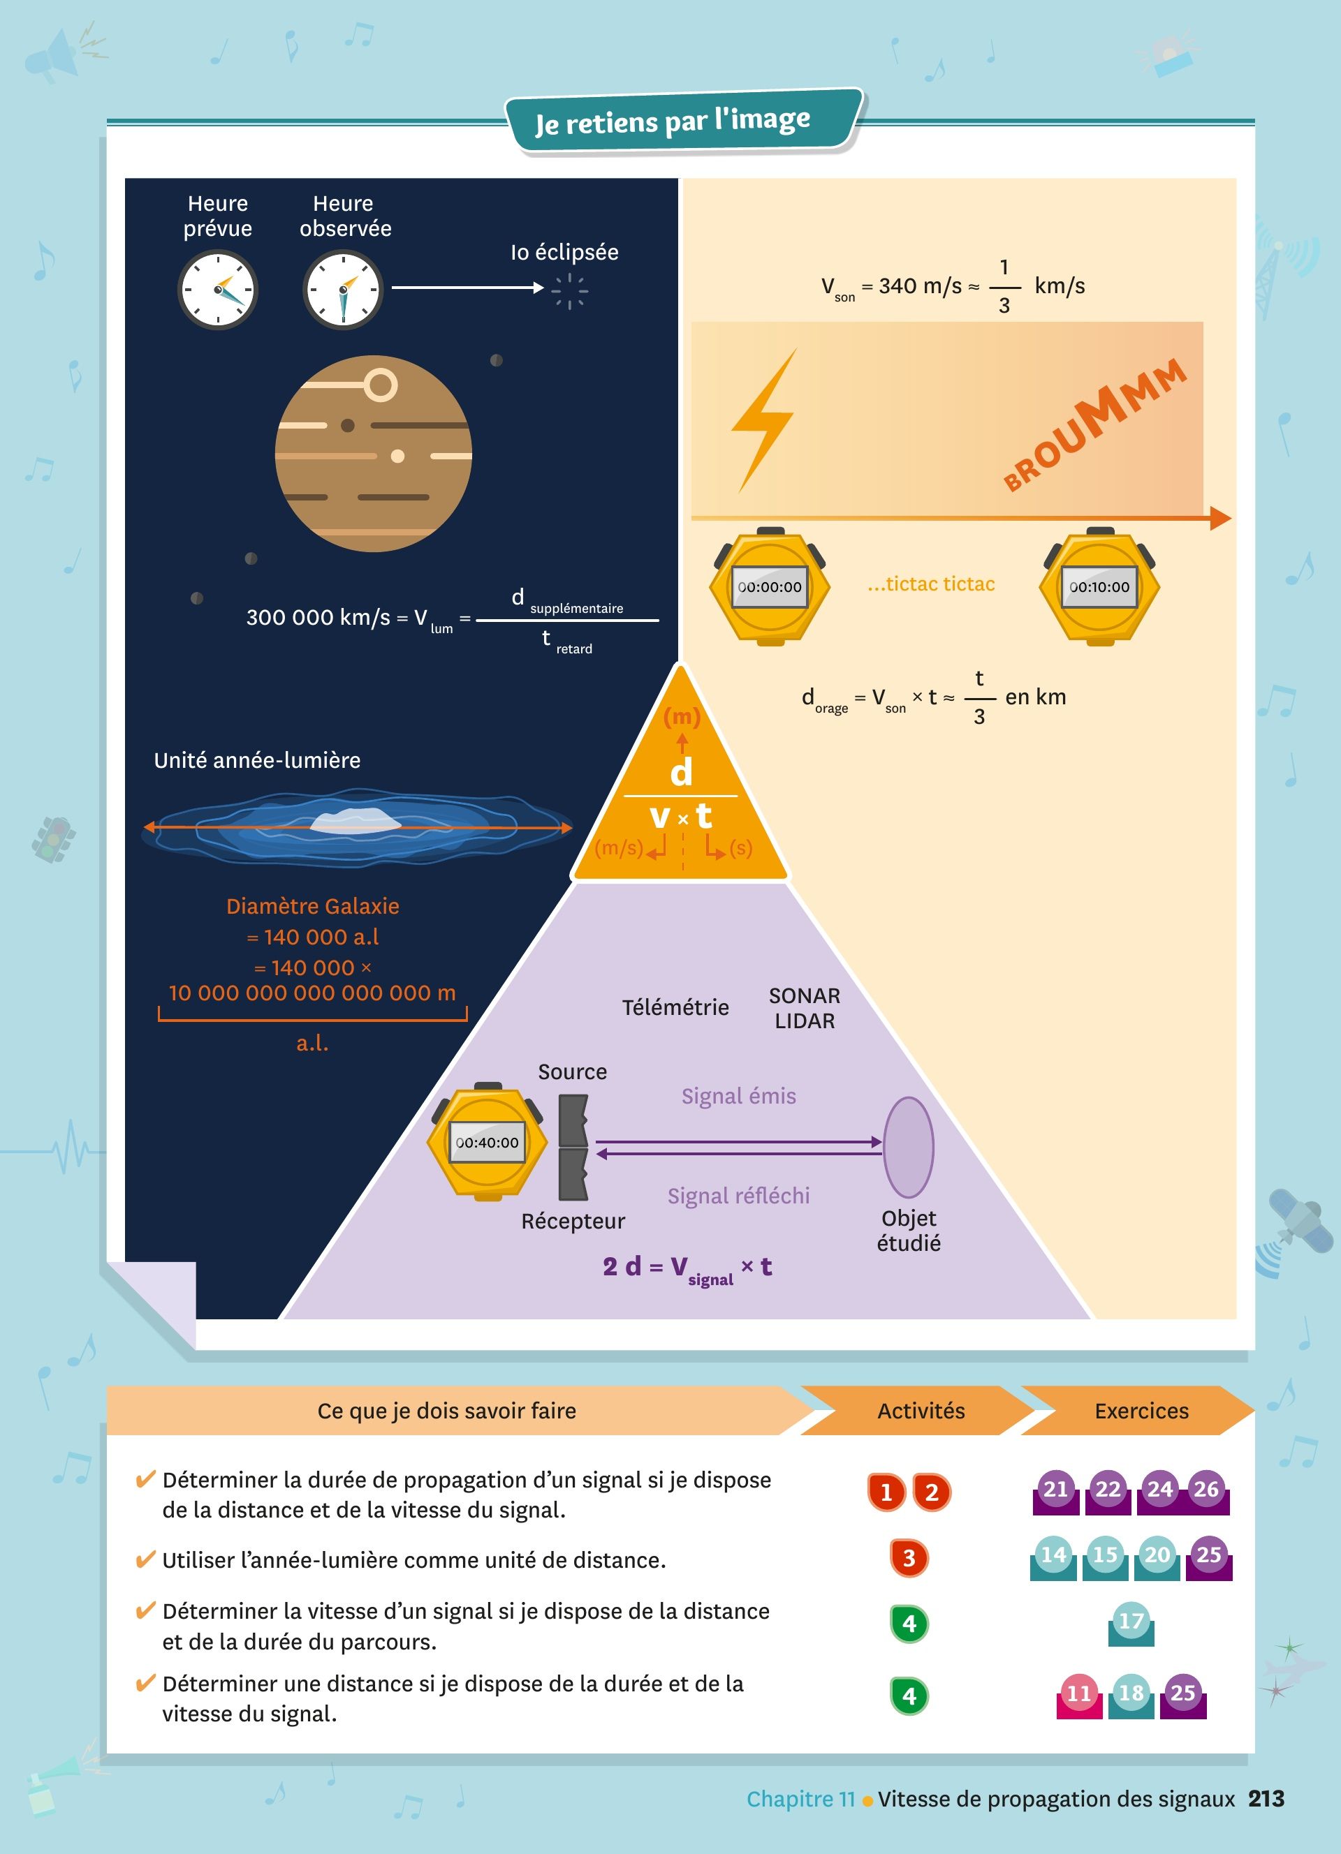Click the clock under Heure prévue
(217, 290)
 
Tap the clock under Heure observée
(344, 290)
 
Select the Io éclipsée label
(564, 253)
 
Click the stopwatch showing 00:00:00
(770, 587)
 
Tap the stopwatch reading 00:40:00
(488, 1142)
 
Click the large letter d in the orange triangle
(681, 771)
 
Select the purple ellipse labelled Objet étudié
(909, 1148)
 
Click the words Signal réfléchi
(738, 1196)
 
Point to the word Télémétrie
(675, 1007)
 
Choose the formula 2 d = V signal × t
(687, 1268)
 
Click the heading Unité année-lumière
(257, 760)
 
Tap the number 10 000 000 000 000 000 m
(312, 993)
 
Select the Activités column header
(921, 1411)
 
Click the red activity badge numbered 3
(909, 1558)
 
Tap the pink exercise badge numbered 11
(1078, 1693)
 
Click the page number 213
(1266, 1798)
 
